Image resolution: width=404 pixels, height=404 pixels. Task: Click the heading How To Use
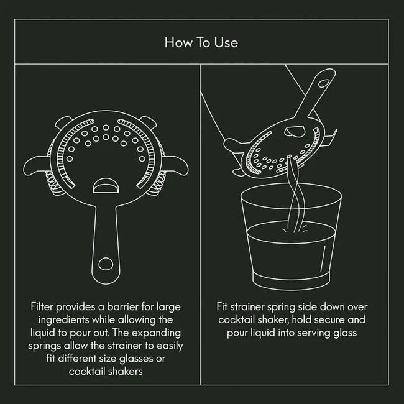[x=201, y=42]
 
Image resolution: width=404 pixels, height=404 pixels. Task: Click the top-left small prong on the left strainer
[x=63, y=122]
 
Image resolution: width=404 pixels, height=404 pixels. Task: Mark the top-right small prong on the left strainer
[x=147, y=122]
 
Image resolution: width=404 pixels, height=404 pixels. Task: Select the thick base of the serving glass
[x=290, y=280]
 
